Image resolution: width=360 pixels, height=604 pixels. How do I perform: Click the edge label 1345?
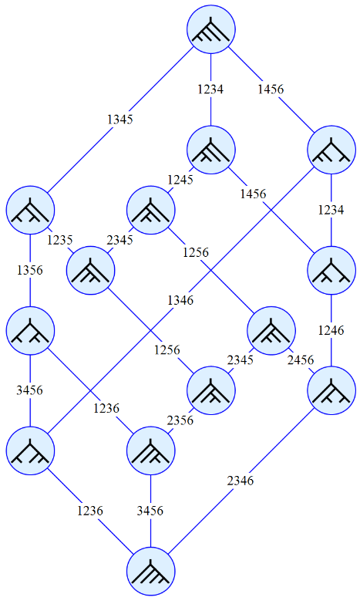(x=119, y=120)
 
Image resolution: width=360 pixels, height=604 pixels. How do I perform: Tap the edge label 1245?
(x=180, y=180)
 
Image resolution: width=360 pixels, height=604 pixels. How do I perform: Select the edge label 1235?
(x=59, y=240)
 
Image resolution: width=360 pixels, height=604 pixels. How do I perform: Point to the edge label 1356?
(x=29, y=270)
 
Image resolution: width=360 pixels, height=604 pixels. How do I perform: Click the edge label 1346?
(x=180, y=300)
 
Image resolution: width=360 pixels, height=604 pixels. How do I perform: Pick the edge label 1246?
(x=331, y=330)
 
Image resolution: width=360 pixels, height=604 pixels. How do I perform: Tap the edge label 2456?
(x=301, y=360)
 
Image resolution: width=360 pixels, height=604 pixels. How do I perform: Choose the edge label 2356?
(x=180, y=420)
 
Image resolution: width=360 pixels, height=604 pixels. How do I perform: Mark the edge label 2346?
(x=241, y=481)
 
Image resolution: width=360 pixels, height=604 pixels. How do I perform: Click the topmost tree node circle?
(x=211, y=29)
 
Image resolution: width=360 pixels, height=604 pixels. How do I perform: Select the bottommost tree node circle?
(x=151, y=571)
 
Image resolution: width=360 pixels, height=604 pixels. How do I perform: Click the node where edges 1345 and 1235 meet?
(x=30, y=210)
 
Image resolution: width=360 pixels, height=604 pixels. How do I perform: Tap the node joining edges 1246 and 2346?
(x=331, y=390)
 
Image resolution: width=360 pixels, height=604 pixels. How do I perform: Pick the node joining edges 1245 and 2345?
(x=151, y=210)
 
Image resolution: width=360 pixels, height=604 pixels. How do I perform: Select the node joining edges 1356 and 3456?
(x=30, y=330)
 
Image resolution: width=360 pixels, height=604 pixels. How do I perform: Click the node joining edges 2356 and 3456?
(x=151, y=450)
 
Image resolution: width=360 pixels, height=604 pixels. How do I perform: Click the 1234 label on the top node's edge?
(x=210, y=89)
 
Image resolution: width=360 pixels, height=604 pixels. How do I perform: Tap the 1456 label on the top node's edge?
(x=271, y=89)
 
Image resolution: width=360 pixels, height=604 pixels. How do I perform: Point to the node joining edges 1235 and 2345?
(x=90, y=271)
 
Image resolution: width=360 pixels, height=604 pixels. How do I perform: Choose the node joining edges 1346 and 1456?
(x=331, y=150)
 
